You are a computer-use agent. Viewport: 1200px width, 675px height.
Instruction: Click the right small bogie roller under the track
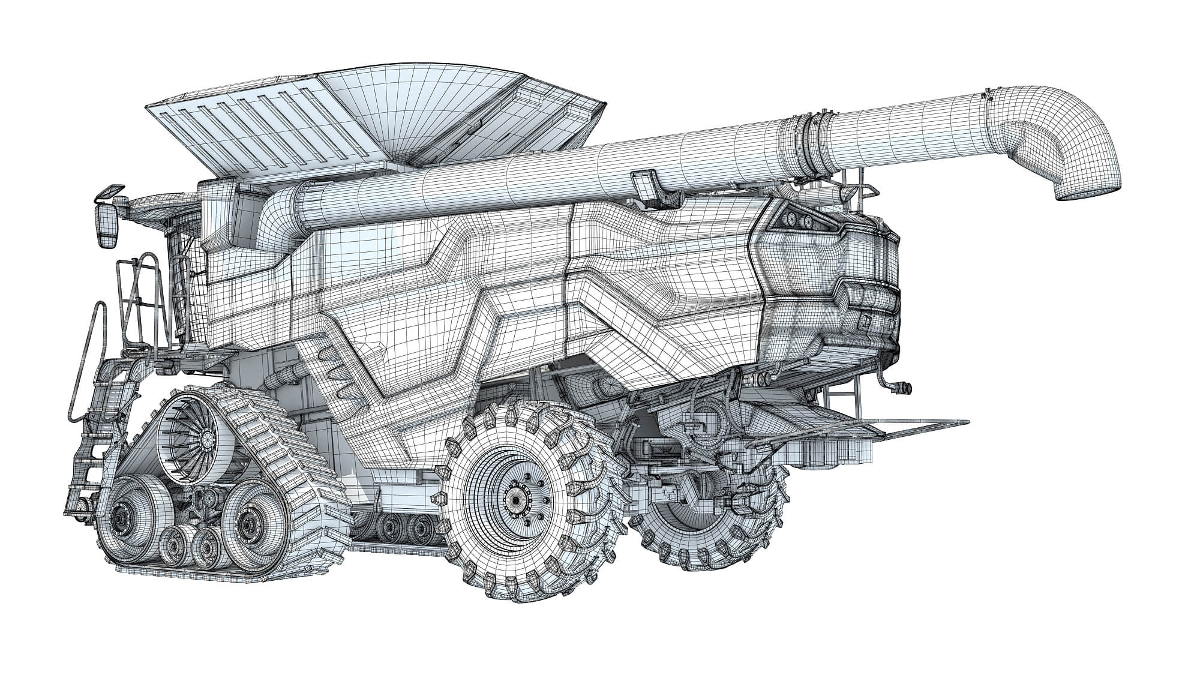[207, 547]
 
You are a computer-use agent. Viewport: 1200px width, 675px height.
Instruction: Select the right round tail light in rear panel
[809, 222]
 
